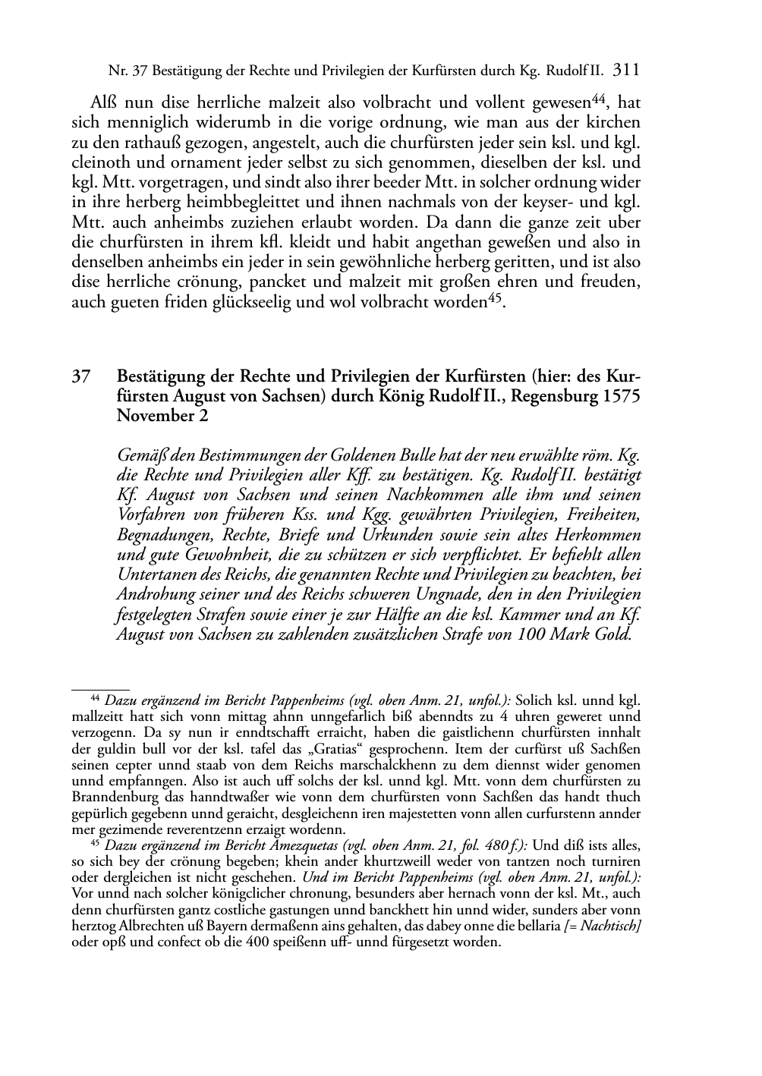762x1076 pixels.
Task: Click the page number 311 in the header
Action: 626,71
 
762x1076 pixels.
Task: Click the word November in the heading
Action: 150,416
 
